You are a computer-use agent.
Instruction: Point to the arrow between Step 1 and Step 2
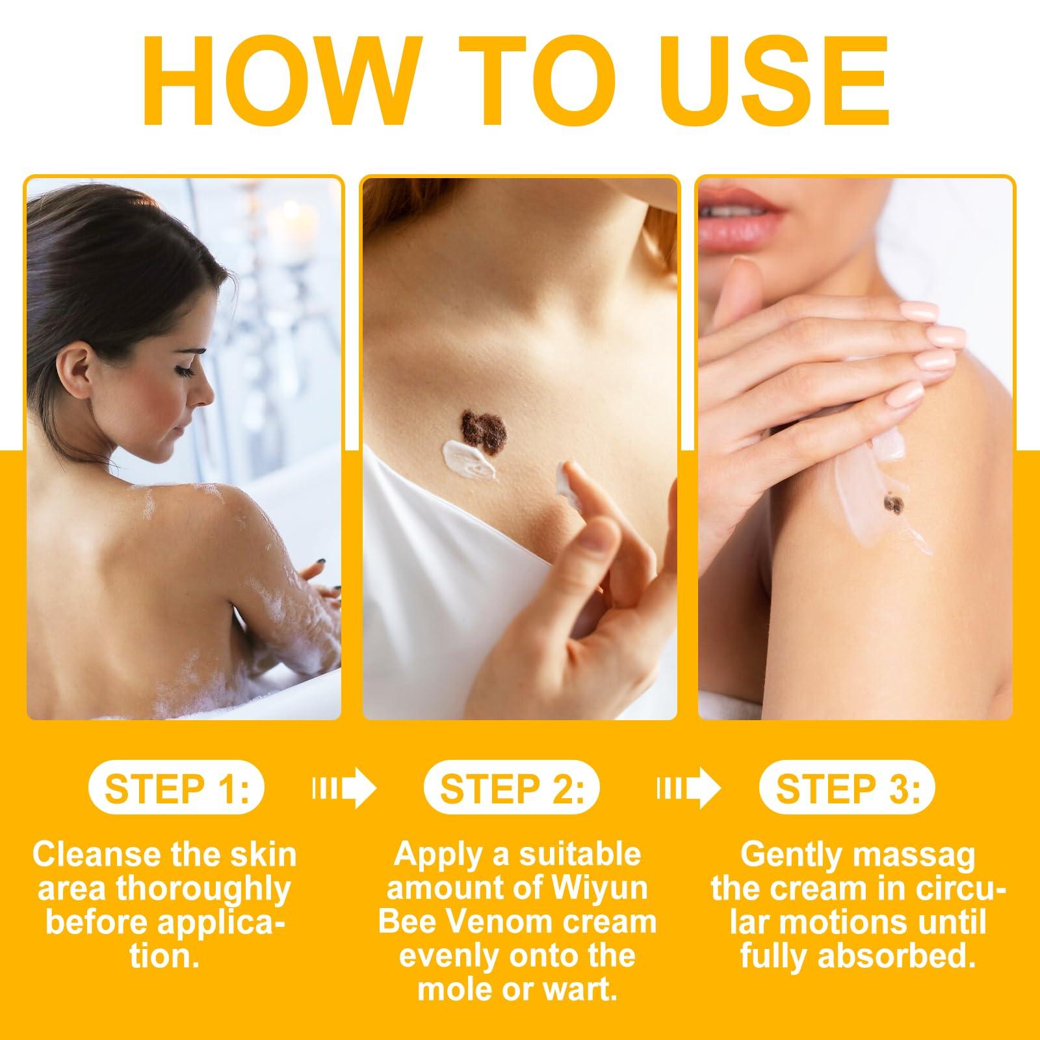pos(344,789)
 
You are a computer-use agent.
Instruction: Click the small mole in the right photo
pos(894,504)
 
